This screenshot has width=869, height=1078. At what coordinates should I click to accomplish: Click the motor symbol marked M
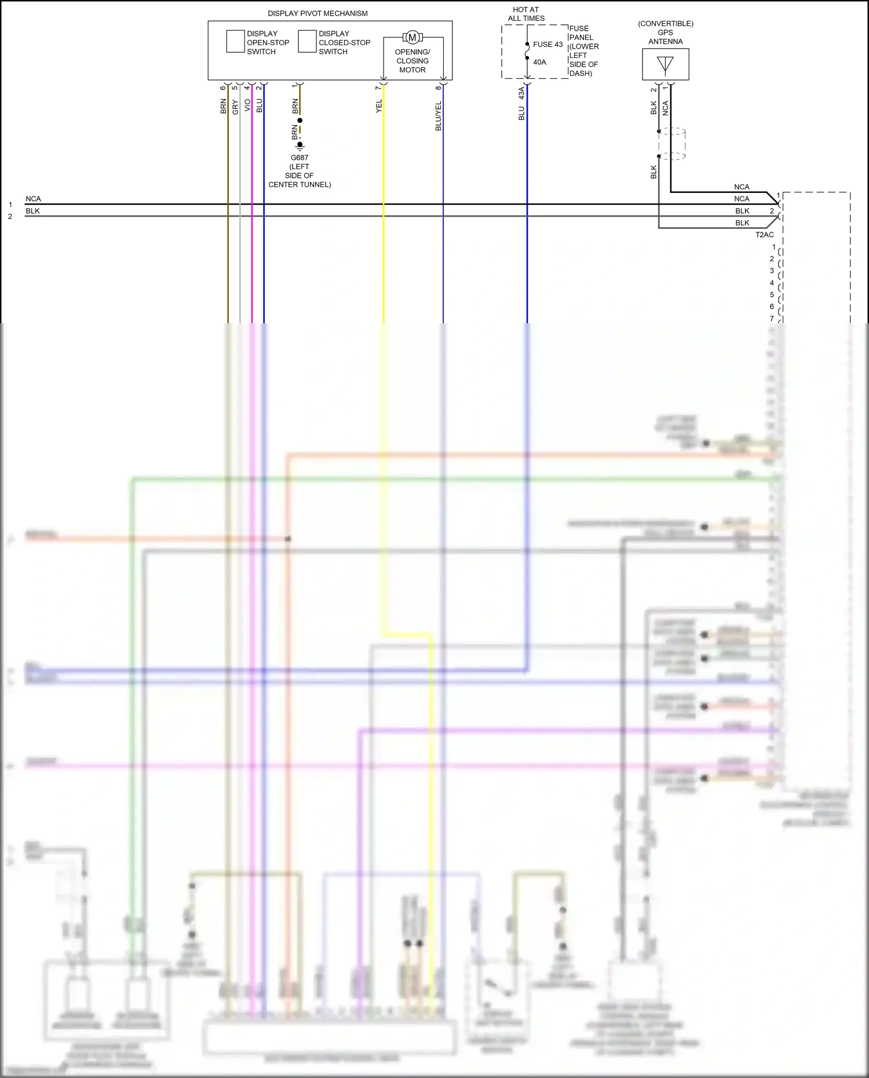(412, 38)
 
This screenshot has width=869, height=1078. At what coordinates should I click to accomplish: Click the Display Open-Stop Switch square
(235, 42)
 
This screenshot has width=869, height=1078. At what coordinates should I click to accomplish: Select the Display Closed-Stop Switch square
(307, 42)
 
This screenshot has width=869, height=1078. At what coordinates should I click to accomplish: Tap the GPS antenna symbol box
(666, 64)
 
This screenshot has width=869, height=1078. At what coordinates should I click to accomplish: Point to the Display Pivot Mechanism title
(317, 13)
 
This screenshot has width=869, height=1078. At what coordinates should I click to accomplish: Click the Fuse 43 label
(547, 45)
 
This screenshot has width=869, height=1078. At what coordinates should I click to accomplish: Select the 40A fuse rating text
(539, 63)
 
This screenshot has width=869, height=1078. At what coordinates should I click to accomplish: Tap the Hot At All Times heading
(526, 14)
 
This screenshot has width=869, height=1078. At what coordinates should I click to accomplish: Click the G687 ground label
(300, 158)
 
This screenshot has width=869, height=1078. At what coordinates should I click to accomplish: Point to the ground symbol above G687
(300, 145)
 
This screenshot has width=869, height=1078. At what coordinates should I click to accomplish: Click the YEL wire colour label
(379, 106)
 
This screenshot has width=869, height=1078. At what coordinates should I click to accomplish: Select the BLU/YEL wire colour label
(439, 116)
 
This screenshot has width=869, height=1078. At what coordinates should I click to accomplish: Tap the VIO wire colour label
(247, 105)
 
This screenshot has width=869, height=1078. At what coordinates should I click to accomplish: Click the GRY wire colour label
(235, 107)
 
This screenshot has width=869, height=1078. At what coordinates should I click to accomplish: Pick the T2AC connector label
(764, 235)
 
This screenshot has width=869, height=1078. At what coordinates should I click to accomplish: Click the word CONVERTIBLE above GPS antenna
(666, 24)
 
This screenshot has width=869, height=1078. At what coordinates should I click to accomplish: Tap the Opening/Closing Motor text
(412, 61)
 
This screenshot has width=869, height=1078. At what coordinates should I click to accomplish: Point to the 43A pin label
(521, 93)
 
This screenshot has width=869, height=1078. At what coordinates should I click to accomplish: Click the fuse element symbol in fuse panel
(527, 51)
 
